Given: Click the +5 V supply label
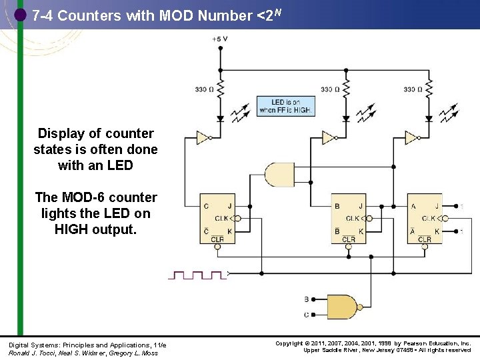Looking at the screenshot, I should pyautogui.click(x=220, y=39).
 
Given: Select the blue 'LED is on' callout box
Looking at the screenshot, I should pyautogui.click(x=285, y=106).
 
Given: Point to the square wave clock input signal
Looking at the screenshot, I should pyautogui.click(x=199, y=274).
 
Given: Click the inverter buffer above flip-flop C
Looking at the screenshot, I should pyautogui.click(x=203, y=138).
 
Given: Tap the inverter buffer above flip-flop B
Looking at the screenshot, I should pyautogui.click(x=329, y=138).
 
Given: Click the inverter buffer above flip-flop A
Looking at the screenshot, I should pyautogui.click(x=412, y=138).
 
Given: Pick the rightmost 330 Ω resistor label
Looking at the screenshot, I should pyautogui.click(x=413, y=89).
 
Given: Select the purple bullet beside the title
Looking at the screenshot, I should pyautogui.click(x=21, y=15).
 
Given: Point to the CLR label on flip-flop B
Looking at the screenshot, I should pyautogui.click(x=349, y=239).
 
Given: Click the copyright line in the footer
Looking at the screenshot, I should pyautogui.click(x=373, y=343).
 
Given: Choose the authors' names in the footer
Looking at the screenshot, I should pyautogui.click(x=83, y=353).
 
